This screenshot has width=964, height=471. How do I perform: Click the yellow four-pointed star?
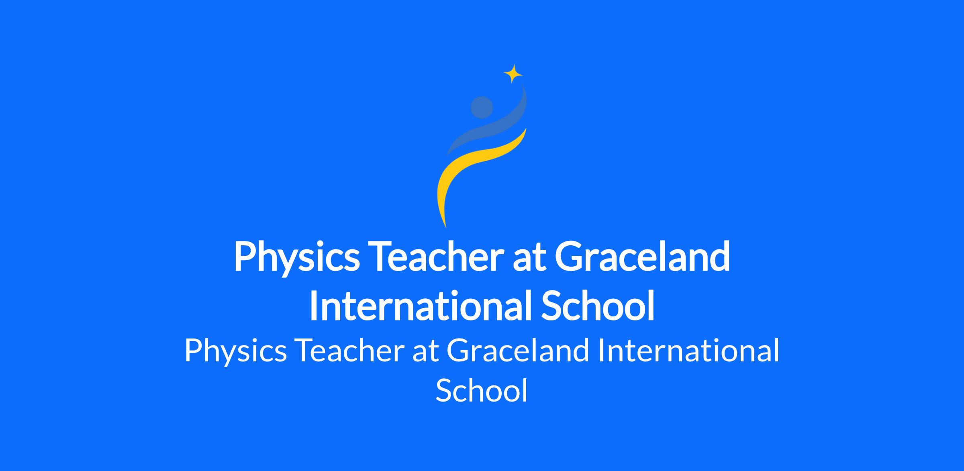point(513,74)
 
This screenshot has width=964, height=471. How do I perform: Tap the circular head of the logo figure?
point(482,107)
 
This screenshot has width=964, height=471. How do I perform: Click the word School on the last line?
point(482,390)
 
